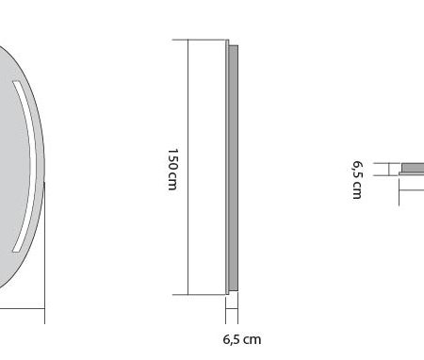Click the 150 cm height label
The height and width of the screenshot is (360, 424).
[x=172, y=170]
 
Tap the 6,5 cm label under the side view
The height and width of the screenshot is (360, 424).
[x=242, y=339]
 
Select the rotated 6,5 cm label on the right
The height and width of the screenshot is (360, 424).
[x=357, y=180]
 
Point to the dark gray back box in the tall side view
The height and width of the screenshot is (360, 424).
[x=234, y=168]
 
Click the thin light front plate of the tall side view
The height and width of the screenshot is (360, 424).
[x=227, y=167]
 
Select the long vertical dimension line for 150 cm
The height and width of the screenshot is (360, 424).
[x=188, y=167]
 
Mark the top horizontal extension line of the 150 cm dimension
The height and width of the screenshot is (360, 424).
[x=200, y=40]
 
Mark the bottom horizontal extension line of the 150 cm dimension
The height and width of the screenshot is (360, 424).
[x=200, y=295]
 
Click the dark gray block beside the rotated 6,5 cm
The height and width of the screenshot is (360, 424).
[x=413, y=168]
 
